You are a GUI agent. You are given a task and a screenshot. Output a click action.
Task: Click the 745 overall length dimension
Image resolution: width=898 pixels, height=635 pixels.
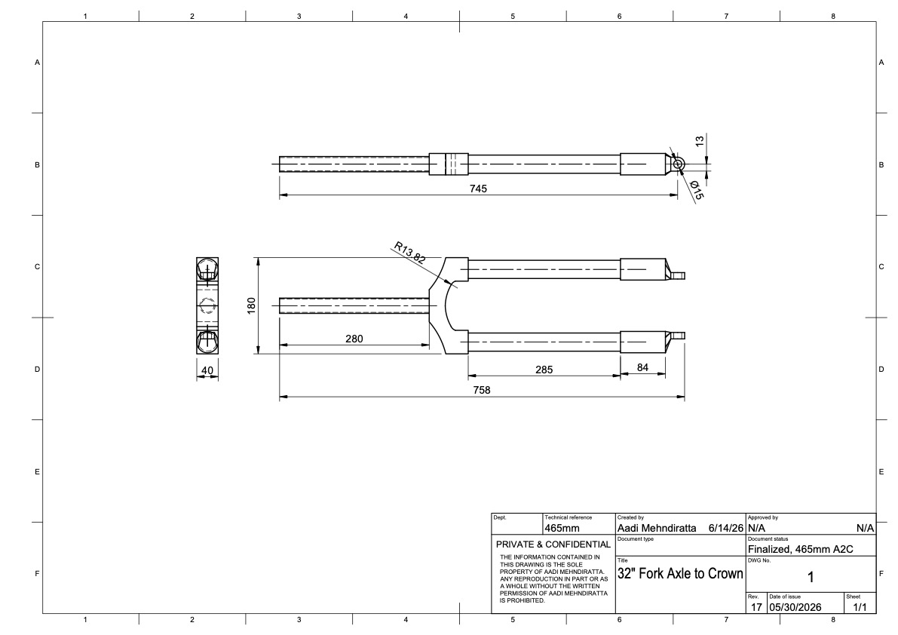(x=478, y=189)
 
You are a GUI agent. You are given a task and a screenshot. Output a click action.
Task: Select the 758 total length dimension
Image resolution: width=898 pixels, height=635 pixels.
(x=482, y=390)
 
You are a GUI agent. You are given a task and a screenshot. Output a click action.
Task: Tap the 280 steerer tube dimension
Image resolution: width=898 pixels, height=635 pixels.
(x=354, y=339)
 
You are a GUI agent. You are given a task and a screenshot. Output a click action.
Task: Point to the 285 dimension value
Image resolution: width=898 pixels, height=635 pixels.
(x=544, y=370)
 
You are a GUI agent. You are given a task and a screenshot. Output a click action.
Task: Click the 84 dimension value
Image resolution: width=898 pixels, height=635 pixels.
(x=642, y=367)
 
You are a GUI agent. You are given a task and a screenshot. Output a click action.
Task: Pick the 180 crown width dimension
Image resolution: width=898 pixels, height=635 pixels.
(x=251, y=305)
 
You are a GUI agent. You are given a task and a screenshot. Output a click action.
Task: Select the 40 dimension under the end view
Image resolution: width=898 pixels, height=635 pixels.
(x=207, y=370)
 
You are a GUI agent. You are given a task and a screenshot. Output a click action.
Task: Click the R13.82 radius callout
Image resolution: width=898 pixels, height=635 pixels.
(x=409, y=253)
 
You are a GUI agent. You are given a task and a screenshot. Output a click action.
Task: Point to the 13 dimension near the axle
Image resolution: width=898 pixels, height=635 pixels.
(x=699, y=141)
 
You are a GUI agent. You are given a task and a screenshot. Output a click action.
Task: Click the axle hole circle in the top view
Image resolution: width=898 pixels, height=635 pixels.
(x=678, y=164)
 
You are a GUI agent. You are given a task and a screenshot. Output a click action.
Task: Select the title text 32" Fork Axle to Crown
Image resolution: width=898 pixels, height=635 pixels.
(x=680, y=573)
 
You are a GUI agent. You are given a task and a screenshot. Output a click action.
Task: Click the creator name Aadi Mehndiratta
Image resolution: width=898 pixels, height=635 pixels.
(x=657, y=528)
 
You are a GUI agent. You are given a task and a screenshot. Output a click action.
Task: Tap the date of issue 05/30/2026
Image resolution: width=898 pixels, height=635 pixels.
(x=795, y=607)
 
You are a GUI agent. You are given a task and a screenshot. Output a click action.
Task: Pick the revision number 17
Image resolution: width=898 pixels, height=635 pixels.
(x=756, y=607)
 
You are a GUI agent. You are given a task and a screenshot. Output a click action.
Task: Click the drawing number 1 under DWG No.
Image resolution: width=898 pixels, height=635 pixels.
(x=811, y=577)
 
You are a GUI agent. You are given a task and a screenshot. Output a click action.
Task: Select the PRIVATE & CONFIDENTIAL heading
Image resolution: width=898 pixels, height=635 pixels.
(x=553, y=544)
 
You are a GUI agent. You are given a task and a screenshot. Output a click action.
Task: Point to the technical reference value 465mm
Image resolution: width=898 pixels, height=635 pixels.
(x=562, y=528)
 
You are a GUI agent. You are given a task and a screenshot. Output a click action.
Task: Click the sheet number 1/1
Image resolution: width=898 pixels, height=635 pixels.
(x=860, y=607)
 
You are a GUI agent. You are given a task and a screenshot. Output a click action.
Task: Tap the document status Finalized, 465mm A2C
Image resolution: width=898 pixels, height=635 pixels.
(x=800, y=549)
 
